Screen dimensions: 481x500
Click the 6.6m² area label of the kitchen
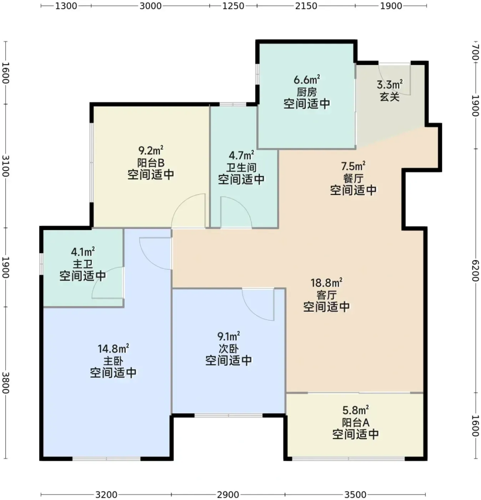point(307,80)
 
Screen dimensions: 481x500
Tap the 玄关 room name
point(390,97)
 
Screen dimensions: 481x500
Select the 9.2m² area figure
point(151,150)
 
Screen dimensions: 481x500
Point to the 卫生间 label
point(241,167)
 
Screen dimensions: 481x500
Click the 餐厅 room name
point(353,178)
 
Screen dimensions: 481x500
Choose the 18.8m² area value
point(326,283)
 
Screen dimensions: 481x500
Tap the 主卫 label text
point(83,264)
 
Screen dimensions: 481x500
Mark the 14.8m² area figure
point(113,349)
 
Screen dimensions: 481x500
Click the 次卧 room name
point(228,349)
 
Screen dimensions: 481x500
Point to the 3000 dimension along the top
point(151,6)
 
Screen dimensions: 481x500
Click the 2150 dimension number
point(306,6)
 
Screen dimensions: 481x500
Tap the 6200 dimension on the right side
point(475,271)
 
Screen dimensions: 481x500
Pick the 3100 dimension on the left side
point(6,166)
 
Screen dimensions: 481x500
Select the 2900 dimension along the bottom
point(228,494)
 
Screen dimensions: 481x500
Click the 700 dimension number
point(475,52)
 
